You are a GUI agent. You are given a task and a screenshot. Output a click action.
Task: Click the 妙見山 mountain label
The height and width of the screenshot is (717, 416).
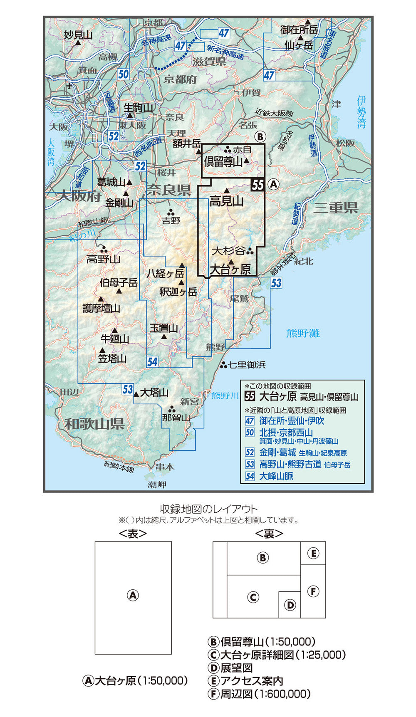pos(78,35)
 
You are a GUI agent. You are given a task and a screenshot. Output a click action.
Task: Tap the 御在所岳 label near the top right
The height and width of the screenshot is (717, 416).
pos(299,30)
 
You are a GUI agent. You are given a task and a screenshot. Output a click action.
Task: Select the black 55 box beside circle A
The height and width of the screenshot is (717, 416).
pos(258,184)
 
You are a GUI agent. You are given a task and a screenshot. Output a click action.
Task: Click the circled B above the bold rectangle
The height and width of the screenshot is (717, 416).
pos(260,137)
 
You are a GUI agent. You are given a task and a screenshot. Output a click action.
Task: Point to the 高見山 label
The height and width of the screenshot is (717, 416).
pos(226,201)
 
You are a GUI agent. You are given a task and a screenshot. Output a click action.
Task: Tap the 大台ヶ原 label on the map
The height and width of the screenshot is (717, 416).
pos(230,269)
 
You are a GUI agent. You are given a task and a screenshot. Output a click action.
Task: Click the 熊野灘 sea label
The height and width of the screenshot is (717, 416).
pos(303,333)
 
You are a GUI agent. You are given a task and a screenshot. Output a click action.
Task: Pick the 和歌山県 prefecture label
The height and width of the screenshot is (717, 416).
pos(94,424)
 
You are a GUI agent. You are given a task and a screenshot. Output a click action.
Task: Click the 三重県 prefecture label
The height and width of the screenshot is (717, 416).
pos(336,208)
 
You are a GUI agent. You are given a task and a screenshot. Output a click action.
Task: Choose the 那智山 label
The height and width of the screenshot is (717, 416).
pos(176,417)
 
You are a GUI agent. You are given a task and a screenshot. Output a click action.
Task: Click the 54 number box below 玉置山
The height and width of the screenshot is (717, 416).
pos(153,361)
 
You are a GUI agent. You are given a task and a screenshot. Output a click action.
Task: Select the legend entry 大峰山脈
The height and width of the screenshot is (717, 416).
pos(276,476)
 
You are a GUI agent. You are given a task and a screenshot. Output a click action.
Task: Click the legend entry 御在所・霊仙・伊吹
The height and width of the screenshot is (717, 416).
pos(291,420)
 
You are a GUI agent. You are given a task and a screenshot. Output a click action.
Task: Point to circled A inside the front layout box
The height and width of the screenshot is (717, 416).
pos(133,595)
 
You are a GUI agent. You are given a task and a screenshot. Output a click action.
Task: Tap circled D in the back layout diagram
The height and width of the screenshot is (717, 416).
pos(290,605)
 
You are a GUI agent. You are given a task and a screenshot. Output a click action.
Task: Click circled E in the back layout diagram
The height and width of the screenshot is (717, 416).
pos(313,553)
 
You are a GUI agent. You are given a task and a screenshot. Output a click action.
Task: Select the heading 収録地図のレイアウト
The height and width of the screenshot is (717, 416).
pos(208,509)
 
